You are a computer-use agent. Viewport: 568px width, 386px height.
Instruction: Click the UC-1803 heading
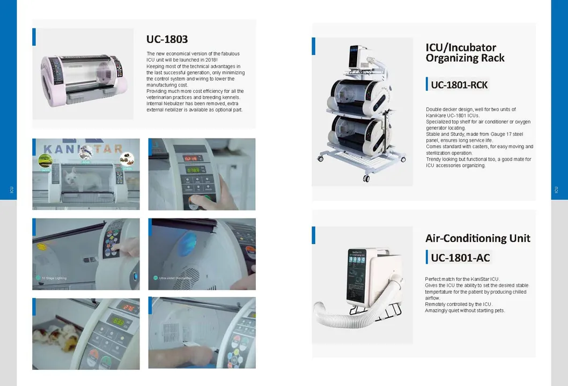pyautogui.click(x=167, y=39)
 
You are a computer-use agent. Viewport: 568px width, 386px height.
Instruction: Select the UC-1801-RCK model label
pyautogui.click(x=459, y=85)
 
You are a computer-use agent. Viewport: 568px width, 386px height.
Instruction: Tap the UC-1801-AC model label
pyautogui.click(x=460, y=258)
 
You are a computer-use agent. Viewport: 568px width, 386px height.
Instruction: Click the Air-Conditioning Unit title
pyautogui.click(x=477, y=238)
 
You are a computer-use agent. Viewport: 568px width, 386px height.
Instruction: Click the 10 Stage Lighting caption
pyautogui.click(x=54, y=278)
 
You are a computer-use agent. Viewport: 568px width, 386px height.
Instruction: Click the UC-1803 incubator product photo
pyautogui.click(x=84, y=74)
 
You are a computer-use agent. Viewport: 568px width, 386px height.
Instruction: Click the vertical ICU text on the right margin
pyautogui.click(x=556, y=190)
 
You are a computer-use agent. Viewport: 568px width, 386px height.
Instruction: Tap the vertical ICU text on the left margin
pyautogui.click(x=11, y=190)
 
